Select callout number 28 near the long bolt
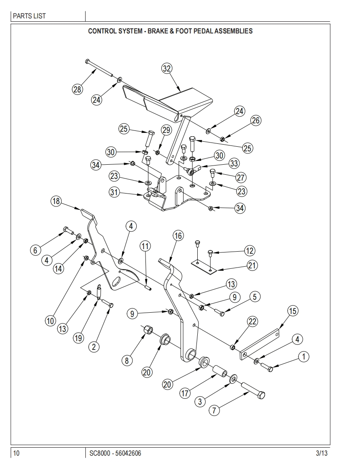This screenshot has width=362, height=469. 77,89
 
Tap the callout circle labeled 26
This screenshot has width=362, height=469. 255,120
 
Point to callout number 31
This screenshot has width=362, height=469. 115,192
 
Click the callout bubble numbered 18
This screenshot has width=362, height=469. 56,201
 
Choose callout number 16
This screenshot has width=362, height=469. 178,236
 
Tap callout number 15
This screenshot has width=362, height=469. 292,311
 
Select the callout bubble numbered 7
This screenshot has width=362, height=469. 214,410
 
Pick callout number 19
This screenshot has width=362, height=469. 78,338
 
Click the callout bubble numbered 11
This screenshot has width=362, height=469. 145,246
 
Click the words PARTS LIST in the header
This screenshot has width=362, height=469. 29,16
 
